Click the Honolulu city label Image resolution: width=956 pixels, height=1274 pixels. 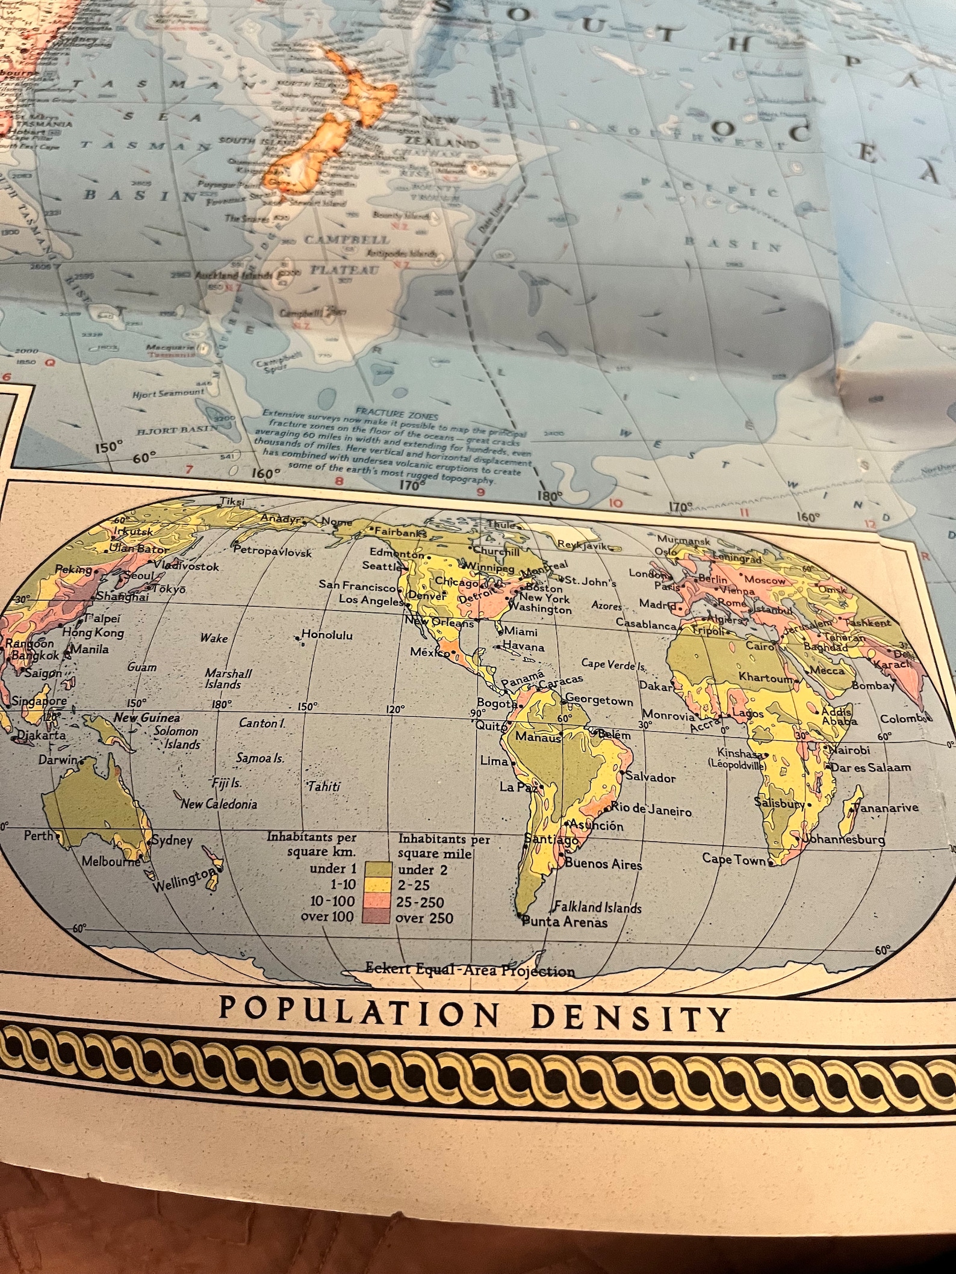tap(327, 635)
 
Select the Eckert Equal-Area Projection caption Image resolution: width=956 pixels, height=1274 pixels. tap(470, 969)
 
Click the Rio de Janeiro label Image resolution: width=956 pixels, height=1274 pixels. tap(651, 809)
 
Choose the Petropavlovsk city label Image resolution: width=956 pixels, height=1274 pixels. tap(272, 551)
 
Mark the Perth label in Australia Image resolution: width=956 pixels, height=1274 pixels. tap(39, 836)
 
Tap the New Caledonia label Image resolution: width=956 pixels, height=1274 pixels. tap(220, 804)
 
